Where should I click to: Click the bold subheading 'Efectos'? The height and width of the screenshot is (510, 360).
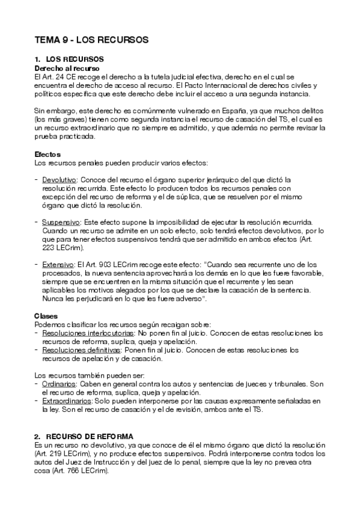pyautogui.click(x=47, y=155)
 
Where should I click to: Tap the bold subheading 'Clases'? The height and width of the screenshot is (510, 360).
pyautogui.click(x=46, y=316)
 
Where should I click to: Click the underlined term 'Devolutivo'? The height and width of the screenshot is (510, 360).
pyautogui.click(x=59, y=180)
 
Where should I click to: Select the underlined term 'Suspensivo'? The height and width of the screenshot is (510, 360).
pyautogui.click(x=61, y=222)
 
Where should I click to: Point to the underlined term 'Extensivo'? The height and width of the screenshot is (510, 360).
pyautogui.click(x=58, y=265)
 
